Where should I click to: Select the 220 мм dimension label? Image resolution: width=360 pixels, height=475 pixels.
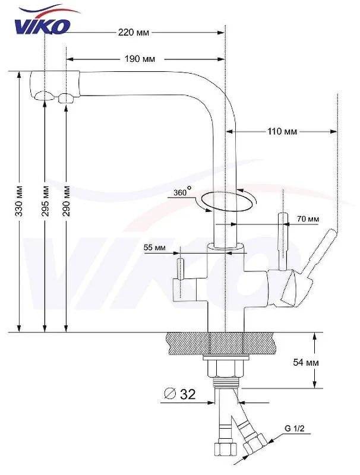coord(134,32)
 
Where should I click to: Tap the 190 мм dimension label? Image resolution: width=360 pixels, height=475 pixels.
coord(140,59)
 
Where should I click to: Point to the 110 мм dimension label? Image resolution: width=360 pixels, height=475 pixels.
coord(282,131)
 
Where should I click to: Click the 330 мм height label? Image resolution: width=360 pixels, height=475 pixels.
coord(19,201)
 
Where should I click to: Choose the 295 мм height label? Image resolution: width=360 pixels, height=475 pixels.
coord(45,201)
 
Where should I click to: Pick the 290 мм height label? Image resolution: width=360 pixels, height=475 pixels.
coord(67,201)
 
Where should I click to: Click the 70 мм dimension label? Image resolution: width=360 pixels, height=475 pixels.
coord(308,218)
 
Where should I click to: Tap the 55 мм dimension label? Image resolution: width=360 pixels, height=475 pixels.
coord(154,248)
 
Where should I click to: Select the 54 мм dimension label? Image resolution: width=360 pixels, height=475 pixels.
coord(306,362)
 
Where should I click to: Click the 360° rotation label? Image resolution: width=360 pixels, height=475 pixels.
coord(182,191)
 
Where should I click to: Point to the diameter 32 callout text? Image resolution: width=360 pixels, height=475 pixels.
coord(180,394)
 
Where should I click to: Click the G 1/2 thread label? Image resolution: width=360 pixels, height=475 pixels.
coord(294,428)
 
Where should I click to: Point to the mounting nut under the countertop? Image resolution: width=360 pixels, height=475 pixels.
coord(225,368)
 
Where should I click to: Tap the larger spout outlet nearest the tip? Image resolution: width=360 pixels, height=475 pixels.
coord(45,96)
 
